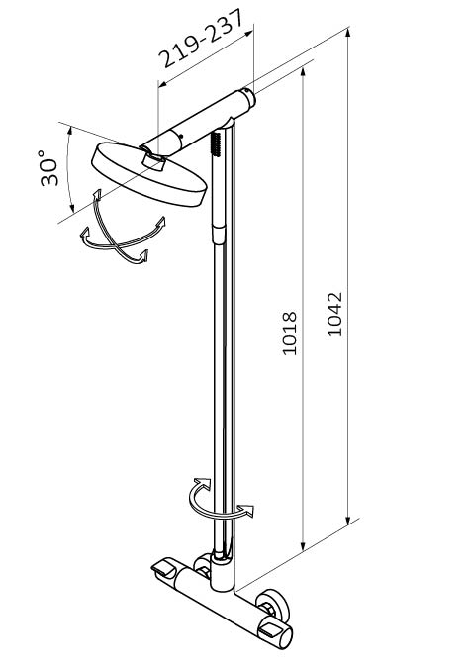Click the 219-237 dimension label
(202, 39)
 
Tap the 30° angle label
(48, 167)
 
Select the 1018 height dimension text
(290, 333)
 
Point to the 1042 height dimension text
(335, 314)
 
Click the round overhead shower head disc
(148, 175)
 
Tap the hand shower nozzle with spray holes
(217, 143)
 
